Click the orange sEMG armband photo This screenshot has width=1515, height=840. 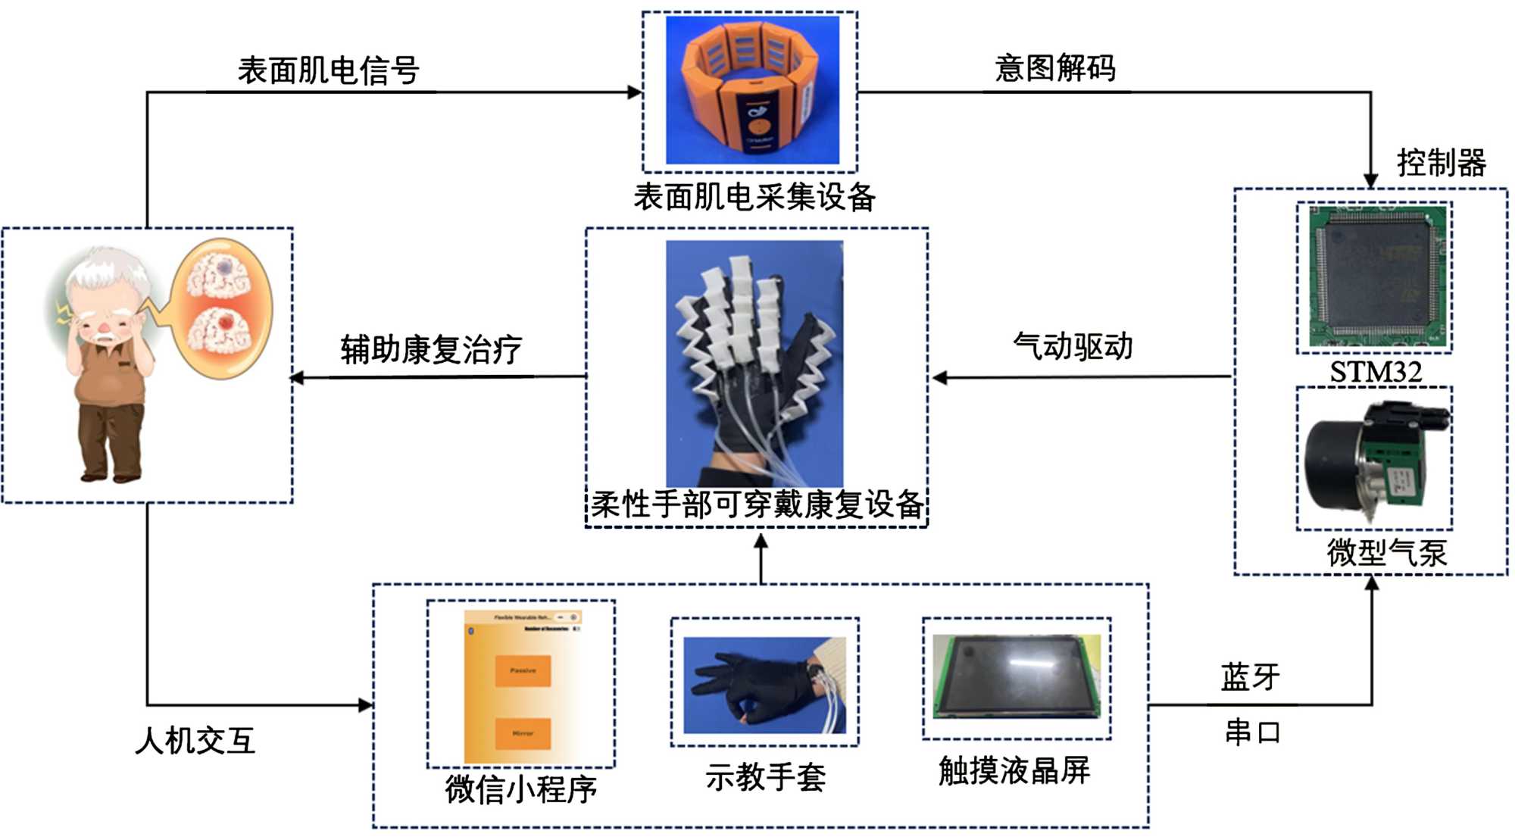pyautogui.click(x=751, y=89)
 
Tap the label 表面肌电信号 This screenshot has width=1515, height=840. pyautogui.click(x=328, y=70)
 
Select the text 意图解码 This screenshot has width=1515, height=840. pyautogui.click(x=1054, y=68)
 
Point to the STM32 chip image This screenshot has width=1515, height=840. pyautogui.click(x=1374, y=277)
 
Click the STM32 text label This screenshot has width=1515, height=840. pyautogui.click(x=1376, y=372)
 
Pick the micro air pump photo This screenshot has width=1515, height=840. pyautogui.click(x=1374, y=459)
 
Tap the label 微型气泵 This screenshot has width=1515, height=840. pyautogui.click(x=1386, y=553)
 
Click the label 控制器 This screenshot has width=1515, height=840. pyautogui.click(x=1441, y=163)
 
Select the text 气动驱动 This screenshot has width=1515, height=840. pyautogui.click(x=1073, y=347)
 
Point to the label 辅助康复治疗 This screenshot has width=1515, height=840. pyautogui.click(x=431, y=350)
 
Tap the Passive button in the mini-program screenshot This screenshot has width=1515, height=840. pyautogui.click(x=523, y=671)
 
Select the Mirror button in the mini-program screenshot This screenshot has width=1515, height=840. pyautogui.click(x=523, y=733)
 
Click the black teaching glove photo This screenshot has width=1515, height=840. pyautogui.click(x=764, y=684)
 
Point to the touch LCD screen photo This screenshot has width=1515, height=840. pyautogui.click(x=1017, y=677)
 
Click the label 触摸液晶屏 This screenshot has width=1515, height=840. pyautogui.click(x=1014, y=770)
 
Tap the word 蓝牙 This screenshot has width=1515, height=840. pyautogui.click(x=1250, y=676)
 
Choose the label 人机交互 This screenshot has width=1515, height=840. pyautogui.click(x=195, y=740)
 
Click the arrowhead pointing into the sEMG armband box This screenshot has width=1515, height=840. pyautogui.click(x=635, y=92)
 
